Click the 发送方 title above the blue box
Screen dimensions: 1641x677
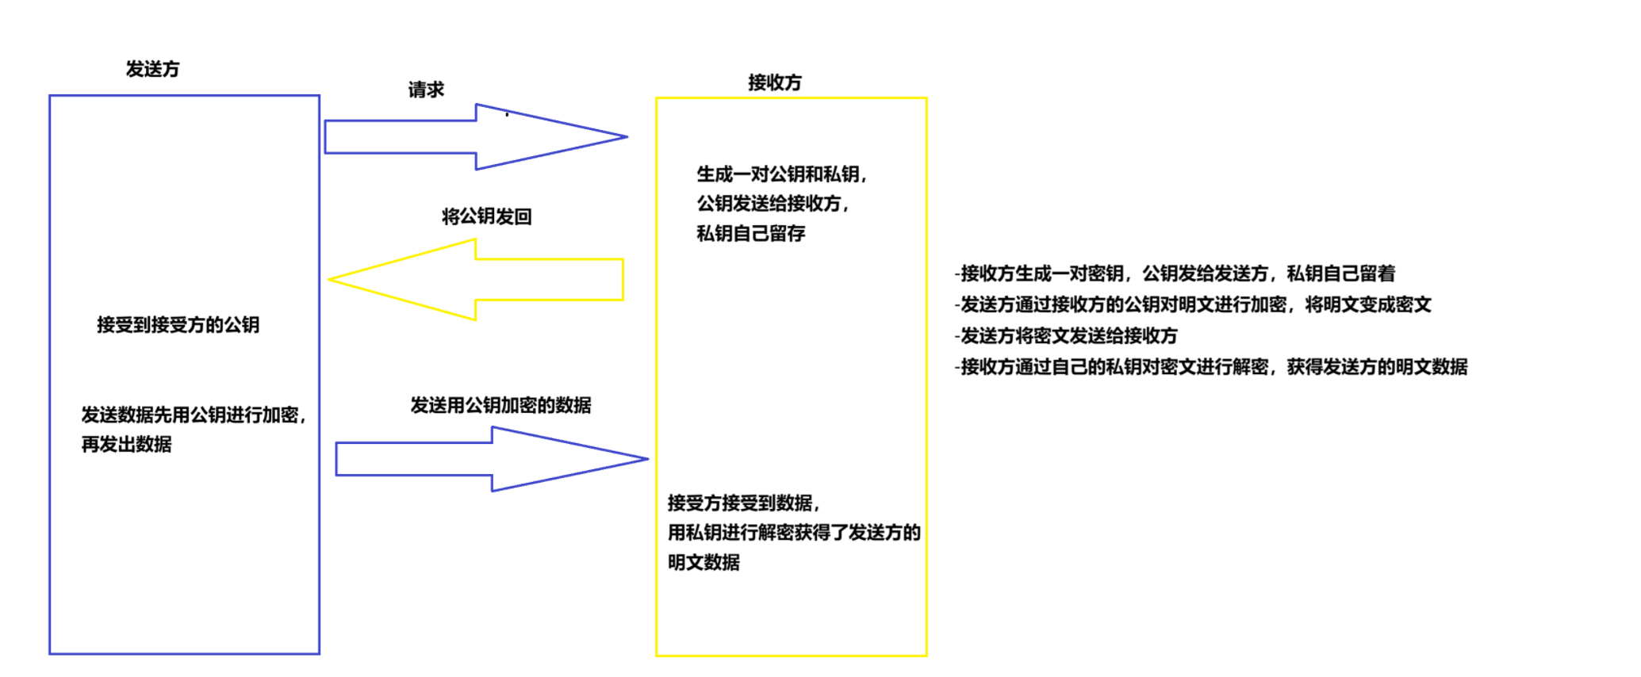tap(152, 70)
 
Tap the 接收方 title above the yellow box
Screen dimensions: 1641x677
tap(774, 82)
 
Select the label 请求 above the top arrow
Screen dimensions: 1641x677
tap(426, 90)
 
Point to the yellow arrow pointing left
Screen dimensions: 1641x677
tap(476, 280)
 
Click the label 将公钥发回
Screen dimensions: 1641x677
tap(486, 216)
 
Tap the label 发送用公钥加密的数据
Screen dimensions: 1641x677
tap(500, 405)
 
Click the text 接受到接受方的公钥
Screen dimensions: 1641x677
tap(178, 325)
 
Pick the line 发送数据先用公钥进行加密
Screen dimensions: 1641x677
tap(193, 415)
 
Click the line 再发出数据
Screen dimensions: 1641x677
tap(126, 445)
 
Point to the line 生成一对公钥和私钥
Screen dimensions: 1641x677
tap(781, 174)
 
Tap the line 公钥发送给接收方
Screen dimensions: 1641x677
tap(772, 204)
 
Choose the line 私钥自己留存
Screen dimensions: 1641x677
tap(750, 234)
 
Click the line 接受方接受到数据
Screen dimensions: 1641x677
tap(742, 503)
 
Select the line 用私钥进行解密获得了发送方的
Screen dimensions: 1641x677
tap(793, 533)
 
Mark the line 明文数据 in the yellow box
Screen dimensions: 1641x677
tap(704, 563)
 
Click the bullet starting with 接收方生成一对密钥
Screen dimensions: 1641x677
tap(1175, 273)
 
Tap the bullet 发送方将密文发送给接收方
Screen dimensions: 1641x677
tap(1066, 336)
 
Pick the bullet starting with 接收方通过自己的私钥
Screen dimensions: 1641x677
tap(1210, 367)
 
